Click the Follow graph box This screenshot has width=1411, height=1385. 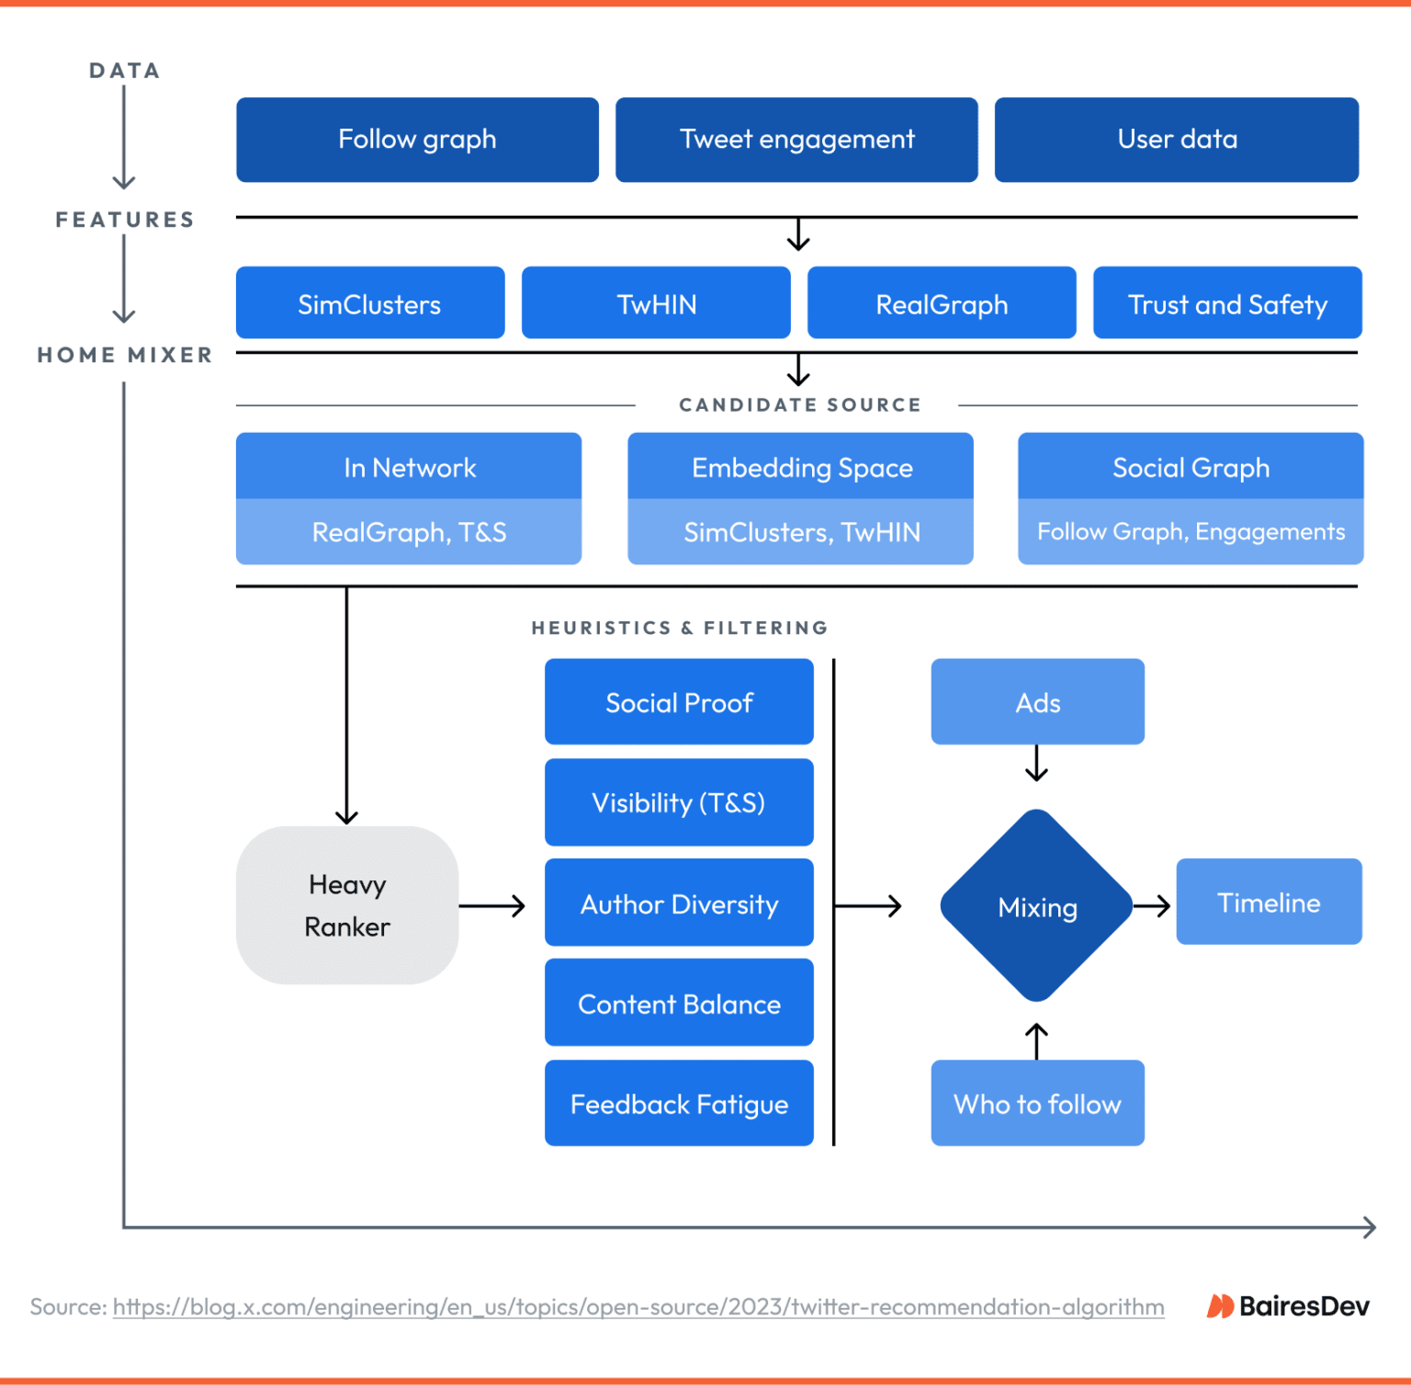(417, 140)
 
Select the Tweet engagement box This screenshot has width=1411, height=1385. (796, 140)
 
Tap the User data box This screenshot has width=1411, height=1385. (1177, 140)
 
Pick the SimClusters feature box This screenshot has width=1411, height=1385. (370, 303)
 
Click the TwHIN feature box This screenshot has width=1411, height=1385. (656, 303)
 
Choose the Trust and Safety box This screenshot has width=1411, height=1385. (1227, 303)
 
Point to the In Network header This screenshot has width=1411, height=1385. (409, 467)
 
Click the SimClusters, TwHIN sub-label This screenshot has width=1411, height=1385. (801, 532)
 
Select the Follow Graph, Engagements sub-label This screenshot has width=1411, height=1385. (1191, 532)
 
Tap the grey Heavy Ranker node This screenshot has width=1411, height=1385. (347, 905)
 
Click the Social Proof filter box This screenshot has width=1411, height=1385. (679, 702)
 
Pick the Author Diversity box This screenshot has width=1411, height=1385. (679, 903)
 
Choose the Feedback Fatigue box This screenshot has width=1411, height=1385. (679, 1104)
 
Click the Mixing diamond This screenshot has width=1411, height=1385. (1037, 906)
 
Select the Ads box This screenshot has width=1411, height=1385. (1037, 702)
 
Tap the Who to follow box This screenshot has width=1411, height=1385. (1037, 1104)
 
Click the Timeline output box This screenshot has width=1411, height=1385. (1269, 903)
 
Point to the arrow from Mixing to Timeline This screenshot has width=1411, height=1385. (1153, 906)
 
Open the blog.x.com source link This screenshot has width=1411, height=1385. (638, 1307)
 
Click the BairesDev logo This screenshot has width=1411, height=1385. (1288, 1306)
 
